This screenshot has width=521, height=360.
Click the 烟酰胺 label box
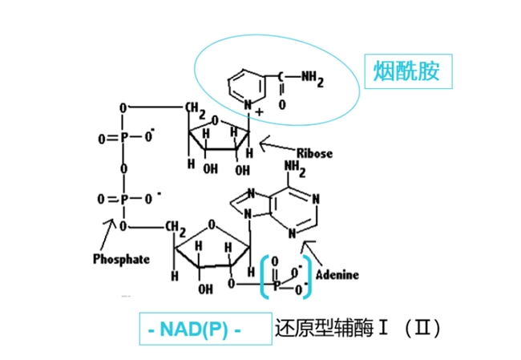pos(408,71)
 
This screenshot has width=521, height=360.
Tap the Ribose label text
pos(314,154)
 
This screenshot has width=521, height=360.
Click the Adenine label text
pos(337,275)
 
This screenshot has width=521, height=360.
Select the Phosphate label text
pos(121,259)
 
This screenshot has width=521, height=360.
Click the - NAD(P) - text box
pos(206,329)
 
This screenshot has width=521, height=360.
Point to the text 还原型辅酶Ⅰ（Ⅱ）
pos(358,329)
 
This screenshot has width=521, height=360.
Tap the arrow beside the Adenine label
pos(311,253)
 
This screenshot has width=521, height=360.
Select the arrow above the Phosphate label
pos(108,234)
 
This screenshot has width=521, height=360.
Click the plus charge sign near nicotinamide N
pos(259,112)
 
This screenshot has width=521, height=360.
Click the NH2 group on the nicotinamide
pos(313,79)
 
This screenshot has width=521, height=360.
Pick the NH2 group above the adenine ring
pos(295,169)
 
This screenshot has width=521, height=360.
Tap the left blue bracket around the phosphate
pos(265,277)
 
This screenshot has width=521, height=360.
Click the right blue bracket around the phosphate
pos(308,277)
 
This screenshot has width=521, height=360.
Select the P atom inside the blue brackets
pos(277,285)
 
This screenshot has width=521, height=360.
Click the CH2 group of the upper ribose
pos(196,111)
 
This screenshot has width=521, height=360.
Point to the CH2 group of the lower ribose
pos(176,229)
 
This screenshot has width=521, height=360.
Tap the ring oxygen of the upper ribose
pos(216,120)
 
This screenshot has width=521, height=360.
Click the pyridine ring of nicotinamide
pos(247,87)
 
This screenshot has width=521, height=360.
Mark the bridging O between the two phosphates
pos(123,168)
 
